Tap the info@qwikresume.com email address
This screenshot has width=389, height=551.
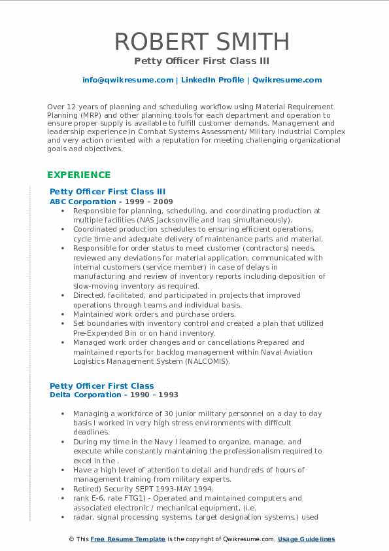click(127, 80)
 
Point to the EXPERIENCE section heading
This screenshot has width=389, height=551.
click(79, 175)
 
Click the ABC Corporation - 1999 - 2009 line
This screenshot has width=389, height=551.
click(111, 202)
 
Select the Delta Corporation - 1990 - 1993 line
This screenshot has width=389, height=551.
click(114, 395)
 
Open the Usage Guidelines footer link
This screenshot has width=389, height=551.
click(306, 539)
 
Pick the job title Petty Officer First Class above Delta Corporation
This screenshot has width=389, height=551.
click(102, 386)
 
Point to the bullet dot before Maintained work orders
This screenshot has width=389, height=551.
click(62, 315)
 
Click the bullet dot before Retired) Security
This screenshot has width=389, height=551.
click(62, 489)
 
